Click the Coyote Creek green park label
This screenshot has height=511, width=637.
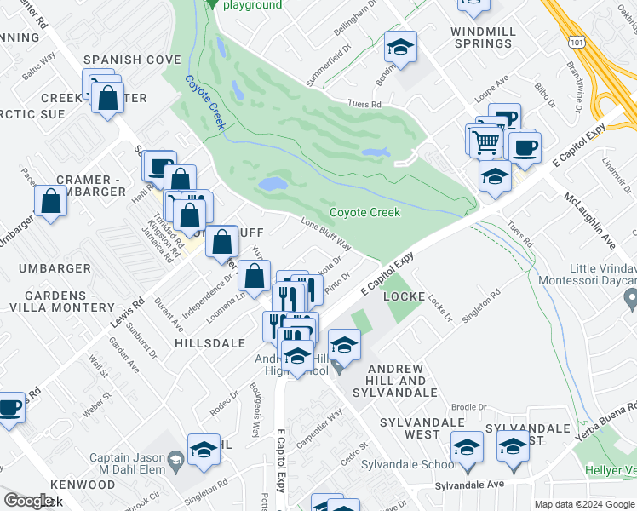point(364,212)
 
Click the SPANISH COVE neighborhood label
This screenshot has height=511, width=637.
point(132,60)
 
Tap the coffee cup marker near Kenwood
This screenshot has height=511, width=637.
point(9,408)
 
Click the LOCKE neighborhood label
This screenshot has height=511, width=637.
point(405,296)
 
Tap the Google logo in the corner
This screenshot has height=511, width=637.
point(28,501)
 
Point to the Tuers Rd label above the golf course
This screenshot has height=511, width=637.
point(364,104)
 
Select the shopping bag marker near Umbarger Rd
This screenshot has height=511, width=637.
point(51,201)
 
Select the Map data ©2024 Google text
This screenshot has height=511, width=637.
point(584,504)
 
